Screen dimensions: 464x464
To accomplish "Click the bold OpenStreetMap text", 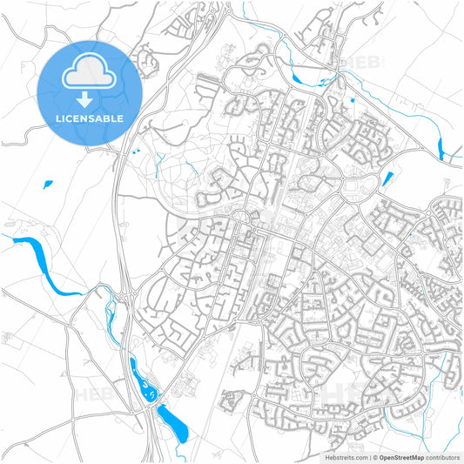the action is click(402, 456).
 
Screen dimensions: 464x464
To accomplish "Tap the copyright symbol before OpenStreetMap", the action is click(375, 456).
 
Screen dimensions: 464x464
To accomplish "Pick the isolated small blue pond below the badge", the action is click(47, 184).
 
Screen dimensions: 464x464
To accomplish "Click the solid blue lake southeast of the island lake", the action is click(174, 421).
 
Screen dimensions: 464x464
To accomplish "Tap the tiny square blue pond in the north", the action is click(352, 102).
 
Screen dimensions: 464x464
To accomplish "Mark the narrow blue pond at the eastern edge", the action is click(441, 139).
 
